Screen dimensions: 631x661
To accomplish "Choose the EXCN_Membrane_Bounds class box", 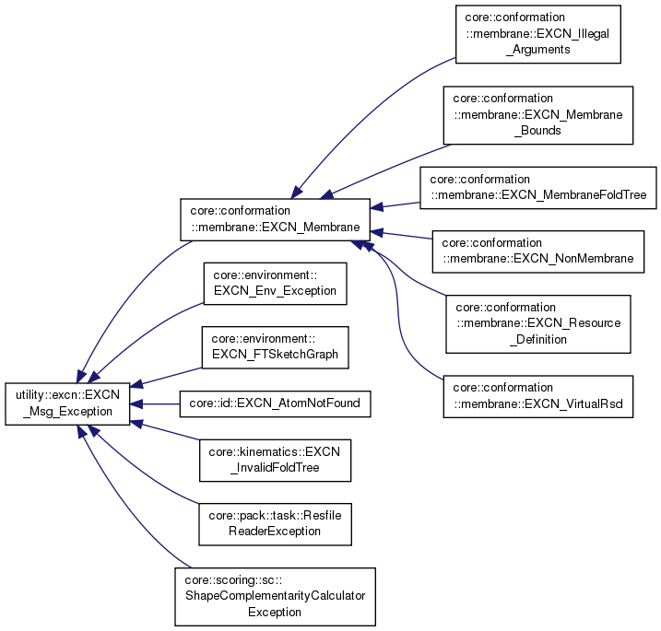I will pos(538,115).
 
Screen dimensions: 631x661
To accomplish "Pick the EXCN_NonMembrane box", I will pos(538,251).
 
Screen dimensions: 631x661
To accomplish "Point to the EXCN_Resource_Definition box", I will pos(538,323).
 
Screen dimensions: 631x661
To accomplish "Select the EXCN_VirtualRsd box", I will pos(538,395).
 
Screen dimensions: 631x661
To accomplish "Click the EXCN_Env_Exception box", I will pos(275,283).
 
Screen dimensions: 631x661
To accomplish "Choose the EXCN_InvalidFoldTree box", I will pos(275,460).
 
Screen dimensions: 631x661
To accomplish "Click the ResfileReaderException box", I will pos(275,524).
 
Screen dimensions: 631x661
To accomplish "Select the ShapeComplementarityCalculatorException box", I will pos(275,596).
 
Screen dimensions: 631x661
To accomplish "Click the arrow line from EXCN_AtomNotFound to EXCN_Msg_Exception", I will pos(159,403).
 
